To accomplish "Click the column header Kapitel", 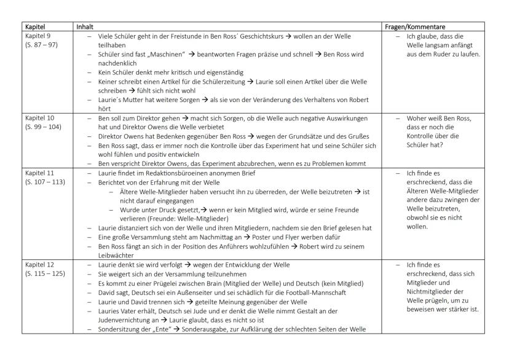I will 34,28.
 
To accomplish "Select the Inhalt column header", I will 84,28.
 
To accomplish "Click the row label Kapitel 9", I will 36,36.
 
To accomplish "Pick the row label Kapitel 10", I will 37,116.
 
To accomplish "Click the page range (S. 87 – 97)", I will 41,44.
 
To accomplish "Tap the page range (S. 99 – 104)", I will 42,124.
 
